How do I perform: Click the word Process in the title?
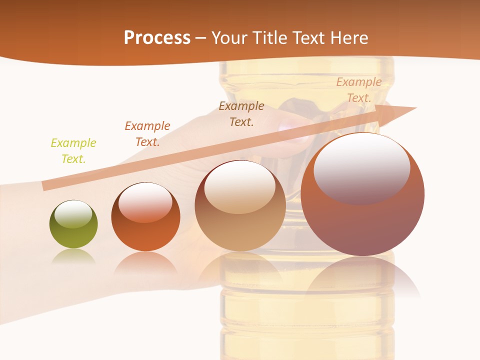click(x=157, y=37)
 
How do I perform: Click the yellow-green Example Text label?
click(x=73, y=151)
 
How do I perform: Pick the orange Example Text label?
click(x=147, y=134)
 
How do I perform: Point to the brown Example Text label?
click(x=241, y=113)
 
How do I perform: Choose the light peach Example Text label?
click(x=358, y=90)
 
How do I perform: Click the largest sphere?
click(x=362, y=220)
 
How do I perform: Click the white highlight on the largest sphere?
click(x=361, y=167)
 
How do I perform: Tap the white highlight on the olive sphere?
click(x=73, y=214)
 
